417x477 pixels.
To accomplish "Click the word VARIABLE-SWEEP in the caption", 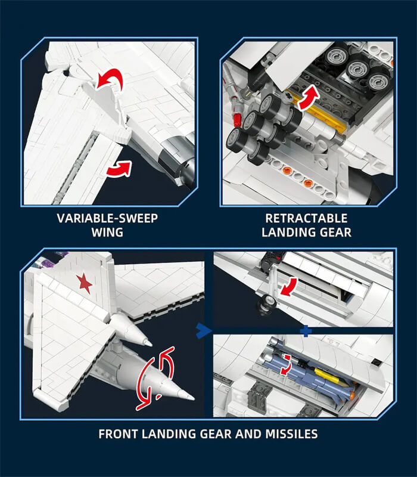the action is [x=107, y=218].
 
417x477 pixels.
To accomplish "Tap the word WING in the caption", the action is [x=107, y=233].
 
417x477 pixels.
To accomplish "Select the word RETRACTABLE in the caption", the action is [x=306, y=218].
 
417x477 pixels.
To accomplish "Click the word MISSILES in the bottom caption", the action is [x=291, y=434].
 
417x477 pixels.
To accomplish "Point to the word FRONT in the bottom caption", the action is [x=118, y=434].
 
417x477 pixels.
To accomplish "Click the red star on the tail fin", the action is [x=84, y=283].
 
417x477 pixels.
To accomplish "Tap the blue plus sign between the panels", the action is [x=306, y=331].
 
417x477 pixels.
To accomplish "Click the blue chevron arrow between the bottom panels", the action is [x=203, y=331].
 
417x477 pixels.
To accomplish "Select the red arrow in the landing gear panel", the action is [x=308, y=98].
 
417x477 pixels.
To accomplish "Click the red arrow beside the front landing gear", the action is [x=289, y=286].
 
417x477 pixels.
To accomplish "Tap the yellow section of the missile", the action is [x=327, y=376].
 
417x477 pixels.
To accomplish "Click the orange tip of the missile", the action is [x=351, y=395].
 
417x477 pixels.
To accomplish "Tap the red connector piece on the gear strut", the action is [x=237, y=120].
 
